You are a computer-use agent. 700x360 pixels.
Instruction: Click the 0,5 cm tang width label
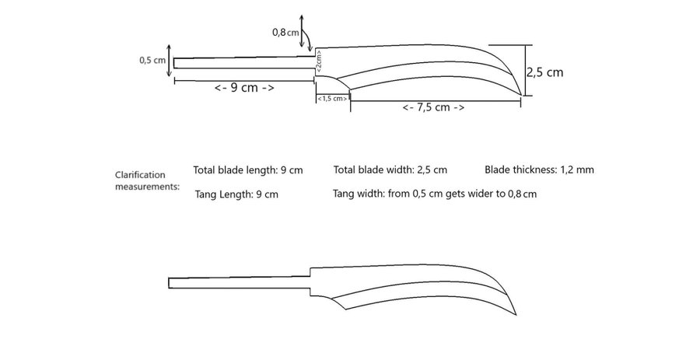(152, 60)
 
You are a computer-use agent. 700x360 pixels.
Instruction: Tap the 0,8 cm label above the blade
(285, 33)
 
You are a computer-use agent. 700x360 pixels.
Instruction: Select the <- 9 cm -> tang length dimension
(244, 87)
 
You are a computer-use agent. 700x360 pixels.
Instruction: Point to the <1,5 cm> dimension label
(332, 99)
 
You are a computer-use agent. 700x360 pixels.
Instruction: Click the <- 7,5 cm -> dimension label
(433, 107)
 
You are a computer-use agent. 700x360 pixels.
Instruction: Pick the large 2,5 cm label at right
(544, 72)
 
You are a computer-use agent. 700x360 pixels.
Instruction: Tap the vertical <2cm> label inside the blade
(319, 61)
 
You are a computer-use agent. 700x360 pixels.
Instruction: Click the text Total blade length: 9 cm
(248, 170)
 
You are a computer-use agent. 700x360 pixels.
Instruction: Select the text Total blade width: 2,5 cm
(390, 170)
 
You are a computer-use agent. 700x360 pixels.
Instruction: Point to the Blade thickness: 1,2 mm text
(539, 170)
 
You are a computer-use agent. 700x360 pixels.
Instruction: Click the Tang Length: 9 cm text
(236, 194)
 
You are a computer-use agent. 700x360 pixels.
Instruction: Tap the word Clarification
(140, 175)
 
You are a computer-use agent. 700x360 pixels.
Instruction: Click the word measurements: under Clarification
(147, 187)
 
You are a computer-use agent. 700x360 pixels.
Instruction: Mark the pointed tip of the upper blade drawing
(521, 95)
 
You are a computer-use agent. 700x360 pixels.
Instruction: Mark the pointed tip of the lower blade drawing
(516, 315)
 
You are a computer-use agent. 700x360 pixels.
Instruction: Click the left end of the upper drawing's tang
(174, 63)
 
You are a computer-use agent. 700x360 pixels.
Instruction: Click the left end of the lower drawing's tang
(169, 283)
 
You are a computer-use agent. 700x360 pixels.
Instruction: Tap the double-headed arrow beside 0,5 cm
(169, 61)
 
